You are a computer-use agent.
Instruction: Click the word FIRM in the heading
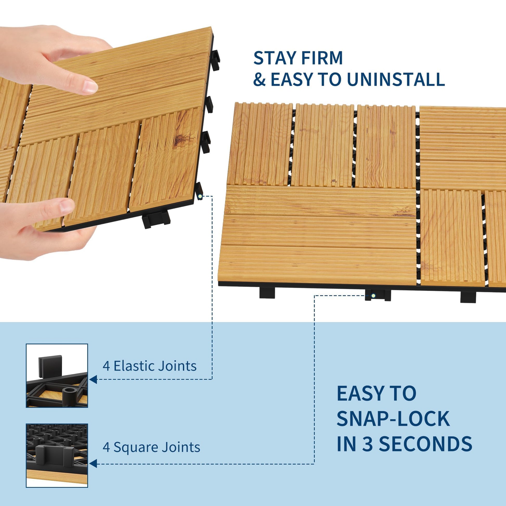(319, 58)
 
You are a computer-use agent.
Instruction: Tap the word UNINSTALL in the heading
(396, 79)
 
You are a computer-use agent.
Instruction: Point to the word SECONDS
(426, 444)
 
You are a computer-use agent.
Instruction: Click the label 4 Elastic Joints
(150, 366)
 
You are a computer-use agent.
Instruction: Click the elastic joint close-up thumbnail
(57, 375)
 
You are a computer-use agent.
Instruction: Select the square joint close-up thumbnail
(57, 456)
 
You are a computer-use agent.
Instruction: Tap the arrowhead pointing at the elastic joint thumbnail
(93, 379)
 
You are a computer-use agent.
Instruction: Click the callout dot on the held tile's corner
(200, 196)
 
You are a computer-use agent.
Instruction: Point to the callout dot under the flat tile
(373, 296)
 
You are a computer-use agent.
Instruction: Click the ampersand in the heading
(260, 79)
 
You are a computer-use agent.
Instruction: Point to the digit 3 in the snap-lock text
(368, 444)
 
